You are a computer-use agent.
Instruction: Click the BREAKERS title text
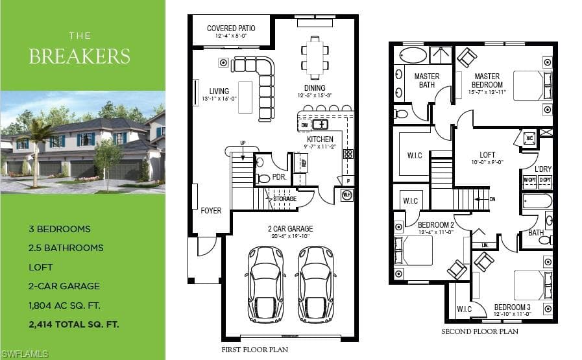click(79, 56)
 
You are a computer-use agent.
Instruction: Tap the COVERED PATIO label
click(231, 29)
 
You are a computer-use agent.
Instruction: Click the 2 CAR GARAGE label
click(291, 228)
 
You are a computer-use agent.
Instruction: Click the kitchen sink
click(320, 125)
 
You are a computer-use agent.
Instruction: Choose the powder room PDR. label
click(280, 176)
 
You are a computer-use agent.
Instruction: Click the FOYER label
click(211, 211)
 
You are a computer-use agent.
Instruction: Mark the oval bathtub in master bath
click(414, 55)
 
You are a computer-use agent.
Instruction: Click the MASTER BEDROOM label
click(487, 80)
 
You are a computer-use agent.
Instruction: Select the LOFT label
click(487, 155)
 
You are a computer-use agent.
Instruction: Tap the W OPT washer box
click(530, 179)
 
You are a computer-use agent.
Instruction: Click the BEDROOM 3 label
click(512, 307)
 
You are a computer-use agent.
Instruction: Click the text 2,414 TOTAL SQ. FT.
click(74, 323)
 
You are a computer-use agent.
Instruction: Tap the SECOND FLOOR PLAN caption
click(479, 331)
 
